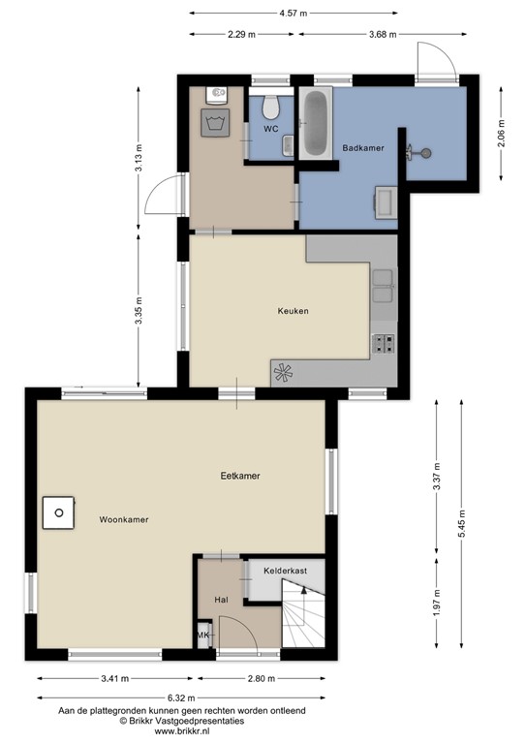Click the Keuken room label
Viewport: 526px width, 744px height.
click(292, 311)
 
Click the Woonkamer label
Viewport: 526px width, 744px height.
click(123, 520)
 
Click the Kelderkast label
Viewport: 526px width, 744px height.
click(285, 572)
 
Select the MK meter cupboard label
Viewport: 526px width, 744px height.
click(203, 635)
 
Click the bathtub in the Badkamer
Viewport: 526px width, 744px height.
click(316, 124)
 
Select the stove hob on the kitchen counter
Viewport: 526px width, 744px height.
click(384, 343)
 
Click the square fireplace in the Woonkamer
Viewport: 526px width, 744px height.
click(59, 512)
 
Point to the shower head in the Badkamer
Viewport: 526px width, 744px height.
click(420, 152)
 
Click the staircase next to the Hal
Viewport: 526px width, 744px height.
click(304, 620)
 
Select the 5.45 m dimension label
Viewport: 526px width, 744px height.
click(462, 513)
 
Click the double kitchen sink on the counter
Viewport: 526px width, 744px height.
click(384, 285)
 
